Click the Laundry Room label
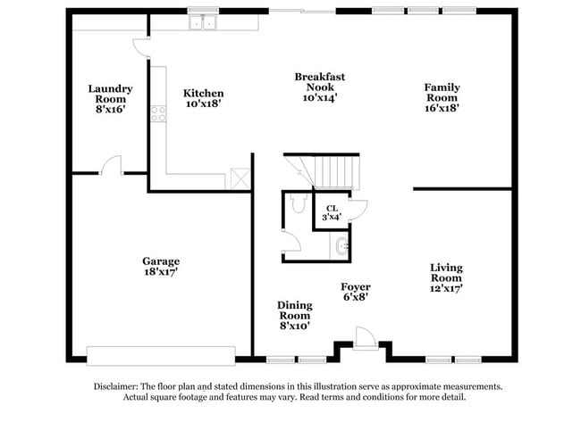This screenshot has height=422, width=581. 111,94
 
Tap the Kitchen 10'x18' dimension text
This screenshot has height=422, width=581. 204,103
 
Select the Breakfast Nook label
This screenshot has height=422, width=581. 320,82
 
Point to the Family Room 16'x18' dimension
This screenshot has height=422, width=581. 442,108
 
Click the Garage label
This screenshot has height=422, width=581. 161,261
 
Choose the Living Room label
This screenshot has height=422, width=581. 447,273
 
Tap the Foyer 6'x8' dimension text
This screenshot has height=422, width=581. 356,297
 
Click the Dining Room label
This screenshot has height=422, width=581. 295,310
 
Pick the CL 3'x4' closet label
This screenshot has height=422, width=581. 332,213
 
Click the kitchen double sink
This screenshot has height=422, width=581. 203,22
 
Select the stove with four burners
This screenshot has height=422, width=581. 158,113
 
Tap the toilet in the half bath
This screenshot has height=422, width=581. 299,203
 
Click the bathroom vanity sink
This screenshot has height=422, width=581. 340,245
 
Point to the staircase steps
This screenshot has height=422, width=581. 322,172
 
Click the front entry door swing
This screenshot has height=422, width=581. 366,337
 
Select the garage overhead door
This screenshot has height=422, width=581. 161,356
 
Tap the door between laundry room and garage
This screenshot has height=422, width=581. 111,165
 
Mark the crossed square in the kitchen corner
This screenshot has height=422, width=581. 240,178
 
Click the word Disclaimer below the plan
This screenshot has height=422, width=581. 116,387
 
